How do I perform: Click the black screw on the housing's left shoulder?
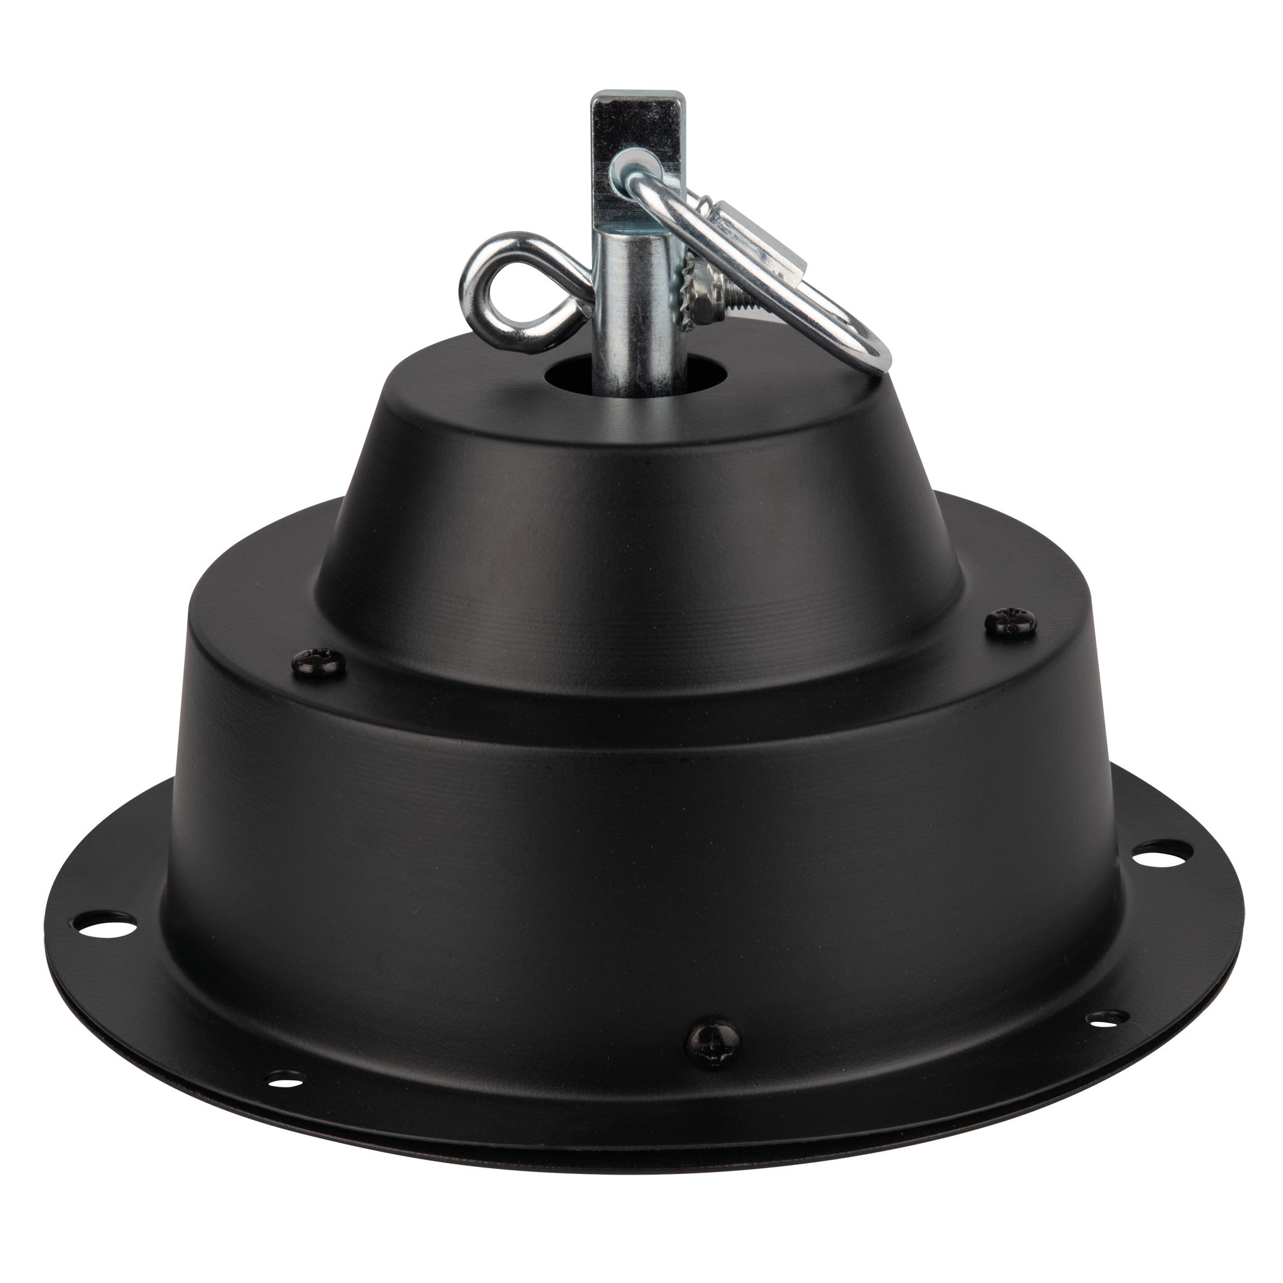pos(319,661)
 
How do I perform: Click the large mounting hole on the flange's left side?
pos(108,921)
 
